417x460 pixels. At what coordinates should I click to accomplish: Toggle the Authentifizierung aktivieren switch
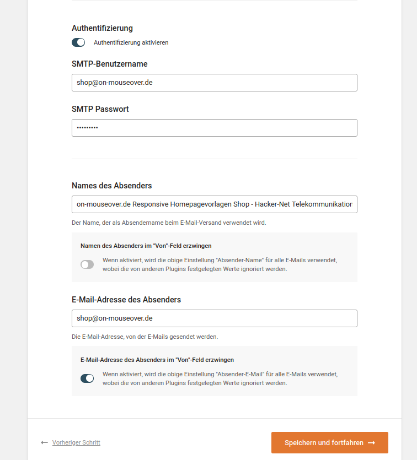pos(78,42)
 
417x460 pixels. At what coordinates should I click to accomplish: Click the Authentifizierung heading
pos(102,28)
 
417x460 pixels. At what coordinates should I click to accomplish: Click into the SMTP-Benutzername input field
pos(214,83)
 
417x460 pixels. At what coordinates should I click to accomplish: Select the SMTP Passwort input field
pos(214,128)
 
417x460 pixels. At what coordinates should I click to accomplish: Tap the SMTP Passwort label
pos(100,109)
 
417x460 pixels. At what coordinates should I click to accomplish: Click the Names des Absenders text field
pos(214,204)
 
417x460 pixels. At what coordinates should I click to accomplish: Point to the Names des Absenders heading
pos(111,185)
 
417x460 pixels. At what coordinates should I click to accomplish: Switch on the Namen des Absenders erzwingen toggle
pos(87,264)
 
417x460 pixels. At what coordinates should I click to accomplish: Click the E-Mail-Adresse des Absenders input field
pos(214,318)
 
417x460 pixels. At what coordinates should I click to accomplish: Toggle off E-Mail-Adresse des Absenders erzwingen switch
pos(87,378)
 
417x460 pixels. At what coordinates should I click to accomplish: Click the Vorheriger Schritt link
pos(76,442)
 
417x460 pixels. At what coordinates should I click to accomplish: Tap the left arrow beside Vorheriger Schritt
pos(44,442)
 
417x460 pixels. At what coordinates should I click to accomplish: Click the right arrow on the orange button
pos(371,443)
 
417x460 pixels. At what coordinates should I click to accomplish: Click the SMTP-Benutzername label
pos(109,64)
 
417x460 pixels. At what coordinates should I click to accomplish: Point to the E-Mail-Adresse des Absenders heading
pos(126,300)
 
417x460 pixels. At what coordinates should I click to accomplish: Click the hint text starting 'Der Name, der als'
pos(169,223)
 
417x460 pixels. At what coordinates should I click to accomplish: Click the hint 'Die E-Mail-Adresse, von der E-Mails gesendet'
pos(145,336)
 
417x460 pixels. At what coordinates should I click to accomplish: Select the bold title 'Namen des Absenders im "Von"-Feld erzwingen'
pos(146,246)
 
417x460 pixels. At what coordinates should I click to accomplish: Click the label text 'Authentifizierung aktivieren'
pos(131,42)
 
